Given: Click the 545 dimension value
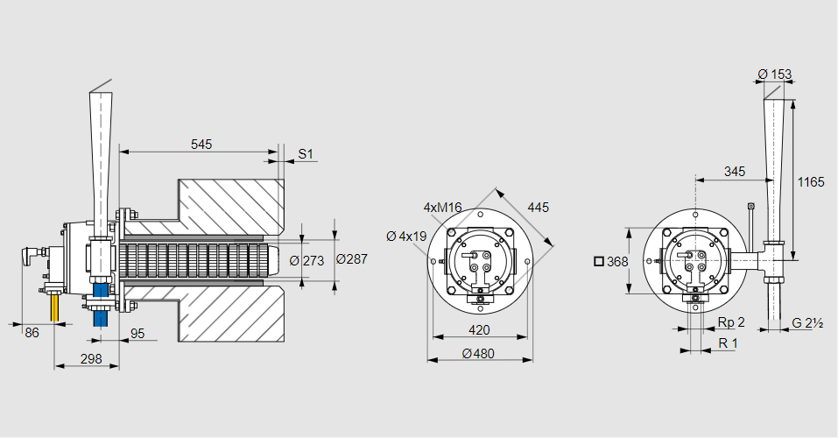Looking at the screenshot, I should (201, 144).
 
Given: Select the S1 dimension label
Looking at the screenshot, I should (305, 154).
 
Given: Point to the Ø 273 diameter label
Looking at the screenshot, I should (306, 260).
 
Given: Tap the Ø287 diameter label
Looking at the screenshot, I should (352, 259).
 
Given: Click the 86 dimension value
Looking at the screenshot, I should (32, 332).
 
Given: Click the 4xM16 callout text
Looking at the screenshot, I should (442, 208).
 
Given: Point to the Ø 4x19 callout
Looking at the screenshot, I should (406, 236).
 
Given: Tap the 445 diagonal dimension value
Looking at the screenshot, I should (538, 208).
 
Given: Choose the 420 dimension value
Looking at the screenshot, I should (478, 330).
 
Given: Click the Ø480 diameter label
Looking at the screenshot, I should (478, 353).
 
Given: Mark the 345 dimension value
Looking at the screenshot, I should (735, 172).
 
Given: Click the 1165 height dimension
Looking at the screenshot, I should (811, 182).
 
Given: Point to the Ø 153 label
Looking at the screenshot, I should (774, 74).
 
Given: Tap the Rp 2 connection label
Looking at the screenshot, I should (731, 321).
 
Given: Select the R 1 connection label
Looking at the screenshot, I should (728, 343).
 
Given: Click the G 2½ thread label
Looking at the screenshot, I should (809, 322).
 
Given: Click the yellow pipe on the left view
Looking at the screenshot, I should (56, 307).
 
